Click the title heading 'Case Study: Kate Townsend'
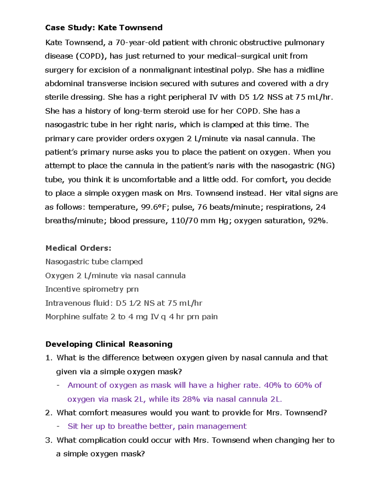point(104,28)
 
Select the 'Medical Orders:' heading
point(78,248)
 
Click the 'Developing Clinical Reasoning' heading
point(109,344)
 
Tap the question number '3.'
point(49,440)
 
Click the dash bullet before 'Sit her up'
point(58,427)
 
